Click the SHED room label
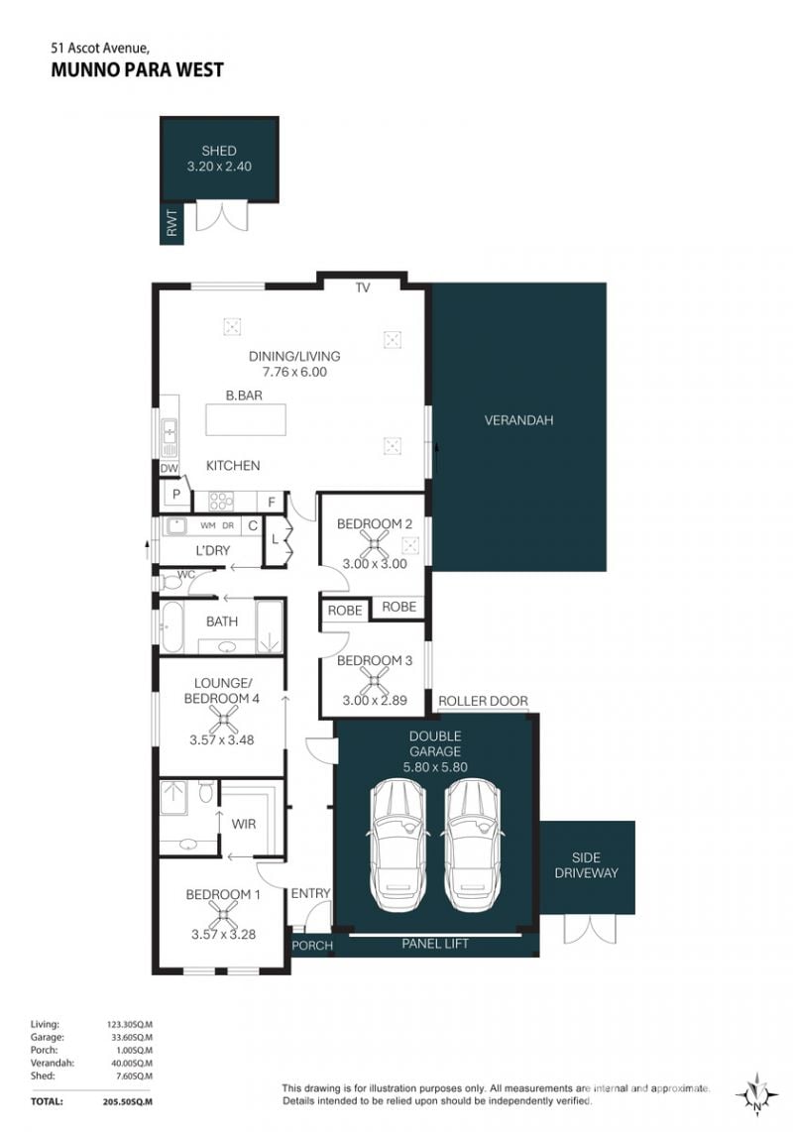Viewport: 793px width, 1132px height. click(x=219, y=151)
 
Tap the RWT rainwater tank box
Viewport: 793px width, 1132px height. click(x=171, y=223)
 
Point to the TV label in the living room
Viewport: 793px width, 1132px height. click(x=363, y=288)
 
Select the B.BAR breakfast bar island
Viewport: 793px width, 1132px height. click(x=246, y=419)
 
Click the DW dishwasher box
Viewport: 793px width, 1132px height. click(x=169, y=469)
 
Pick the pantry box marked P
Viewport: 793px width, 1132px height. click(x=175, y=496)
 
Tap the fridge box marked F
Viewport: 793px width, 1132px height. click(x=272, y=502)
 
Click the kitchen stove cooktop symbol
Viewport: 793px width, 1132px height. click(x=221, y=501)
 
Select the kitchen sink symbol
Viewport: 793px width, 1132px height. click(x=169, y=437)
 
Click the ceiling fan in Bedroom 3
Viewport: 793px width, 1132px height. click(x=374, y=680)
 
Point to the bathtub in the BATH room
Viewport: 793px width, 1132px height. click(x=171, y=625)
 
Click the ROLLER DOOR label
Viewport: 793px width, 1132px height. click(x=483, y=701)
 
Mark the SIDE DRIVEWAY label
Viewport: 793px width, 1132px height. click(x=586, y=865)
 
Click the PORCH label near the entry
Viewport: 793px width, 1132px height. click(x=312, y=945)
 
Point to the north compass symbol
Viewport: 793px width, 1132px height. click(x=757, y=1095)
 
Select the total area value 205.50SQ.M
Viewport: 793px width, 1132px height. click(x=128, y=1101)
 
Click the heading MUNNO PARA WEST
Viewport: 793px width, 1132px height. click(x=137, y=70)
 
